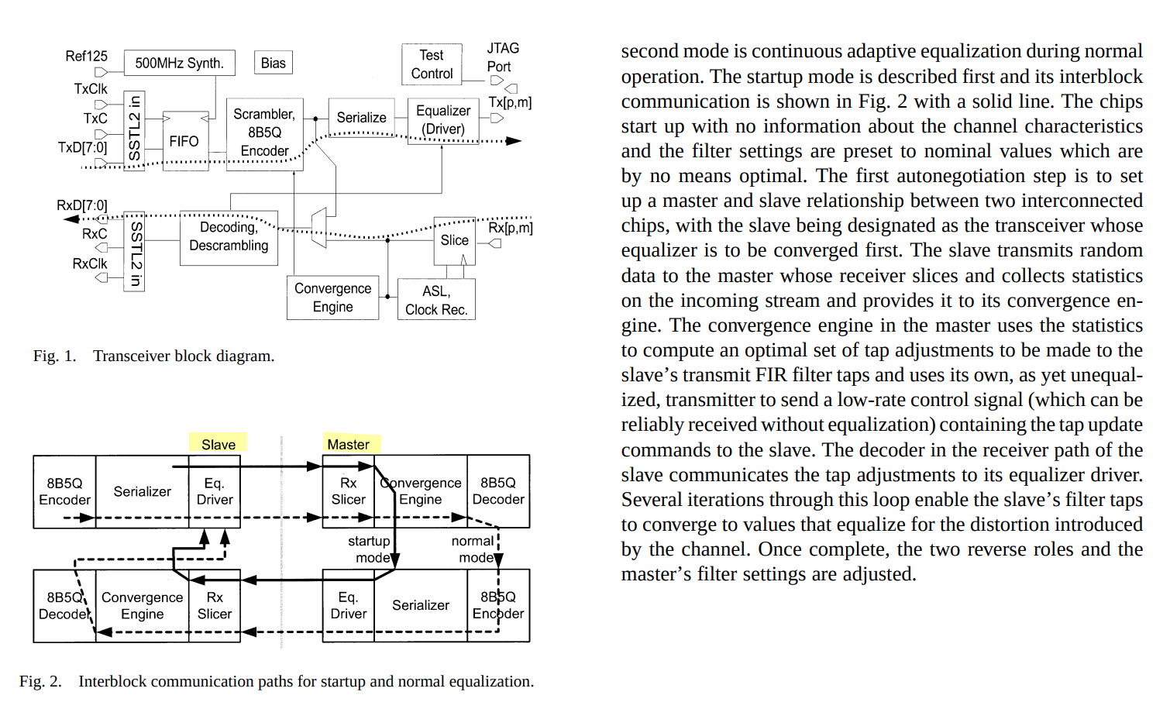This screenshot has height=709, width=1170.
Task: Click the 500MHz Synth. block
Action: [x=179, y=63]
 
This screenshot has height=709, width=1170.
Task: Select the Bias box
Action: [x=273, y=63]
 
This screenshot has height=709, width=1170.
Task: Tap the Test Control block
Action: [x=432, y=64]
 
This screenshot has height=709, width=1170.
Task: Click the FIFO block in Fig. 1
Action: [x=184, y=141]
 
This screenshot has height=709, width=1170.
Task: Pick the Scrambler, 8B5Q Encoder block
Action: [x=264, y=133]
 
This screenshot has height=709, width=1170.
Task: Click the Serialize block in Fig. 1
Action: [x=361, y=118]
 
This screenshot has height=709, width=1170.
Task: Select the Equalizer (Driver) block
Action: [x=443, y=120]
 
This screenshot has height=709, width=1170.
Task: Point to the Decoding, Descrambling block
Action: [x=229, y=236]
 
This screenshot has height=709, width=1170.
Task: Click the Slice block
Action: [x=454, y=240]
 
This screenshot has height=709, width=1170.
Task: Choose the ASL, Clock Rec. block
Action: [x=436, y=301]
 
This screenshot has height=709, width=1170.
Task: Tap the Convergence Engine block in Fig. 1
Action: [x=332, y=298]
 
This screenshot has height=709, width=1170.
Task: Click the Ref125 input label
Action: [x=86, y=57]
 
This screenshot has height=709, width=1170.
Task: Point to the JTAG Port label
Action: [x=502, y=57]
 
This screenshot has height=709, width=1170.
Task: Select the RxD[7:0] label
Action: [x=81, y=205]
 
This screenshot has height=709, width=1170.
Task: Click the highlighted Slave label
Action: [x=218, y=444]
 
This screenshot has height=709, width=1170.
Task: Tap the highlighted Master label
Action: [x=349, y=444]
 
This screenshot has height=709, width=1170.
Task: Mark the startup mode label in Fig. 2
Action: [x=370, y=549]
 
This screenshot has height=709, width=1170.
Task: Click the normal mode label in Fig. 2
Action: [x=473, y=549]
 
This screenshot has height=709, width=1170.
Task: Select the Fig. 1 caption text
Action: [x=153, y=356]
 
